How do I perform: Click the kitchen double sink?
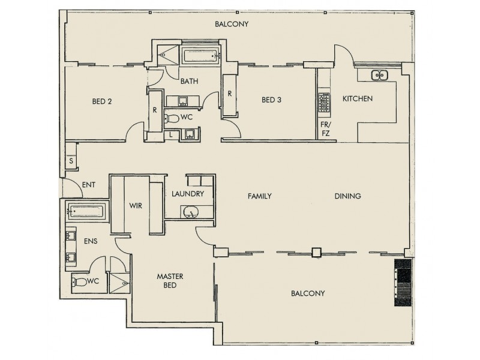[380, 76]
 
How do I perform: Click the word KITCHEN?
[358, 98]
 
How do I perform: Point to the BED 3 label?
[271, 100]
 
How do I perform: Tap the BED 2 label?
[102, 101]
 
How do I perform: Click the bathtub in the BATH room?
[200, 58]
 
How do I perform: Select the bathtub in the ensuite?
[86, 211]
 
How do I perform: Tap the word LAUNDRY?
[188, 194]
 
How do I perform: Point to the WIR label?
[135, 205]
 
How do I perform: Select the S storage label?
[71, 161]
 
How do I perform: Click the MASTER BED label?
[169, 281]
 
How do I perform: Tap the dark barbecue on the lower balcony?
[403, 284]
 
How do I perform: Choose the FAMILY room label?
[259, 196]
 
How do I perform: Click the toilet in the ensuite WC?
[80, 281]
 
